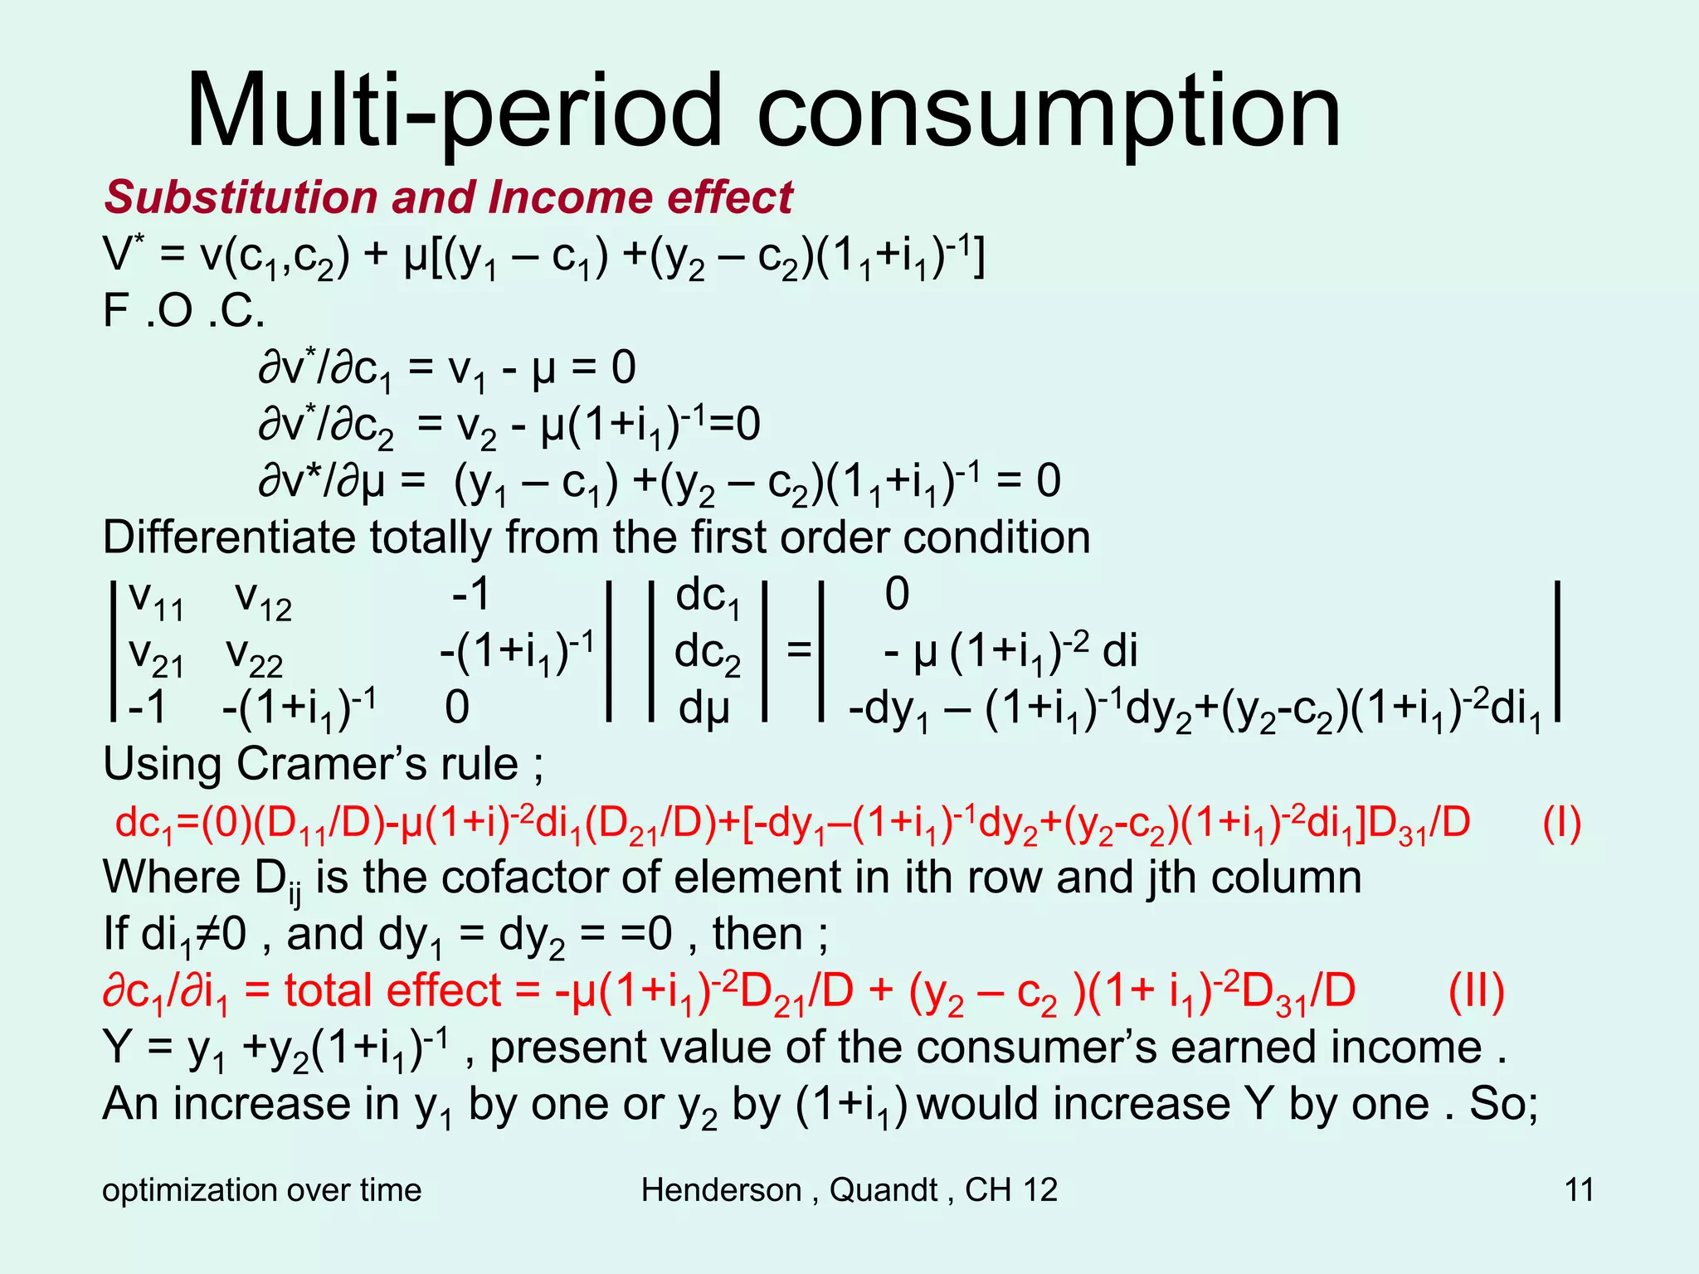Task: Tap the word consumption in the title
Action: [x=1049, y=111]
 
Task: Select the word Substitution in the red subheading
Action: [x=241, y=197]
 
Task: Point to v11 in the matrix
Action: [x=157, y=599]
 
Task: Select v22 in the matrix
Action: [x=255, y=656]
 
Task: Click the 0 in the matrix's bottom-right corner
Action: [x=457, y=708]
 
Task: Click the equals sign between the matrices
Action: [x=798, y=650]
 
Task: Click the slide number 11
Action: [x=1579, y=1190]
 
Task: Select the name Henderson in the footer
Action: [x=721, y=1190]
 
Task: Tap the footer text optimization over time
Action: [x=262, y=1190]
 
